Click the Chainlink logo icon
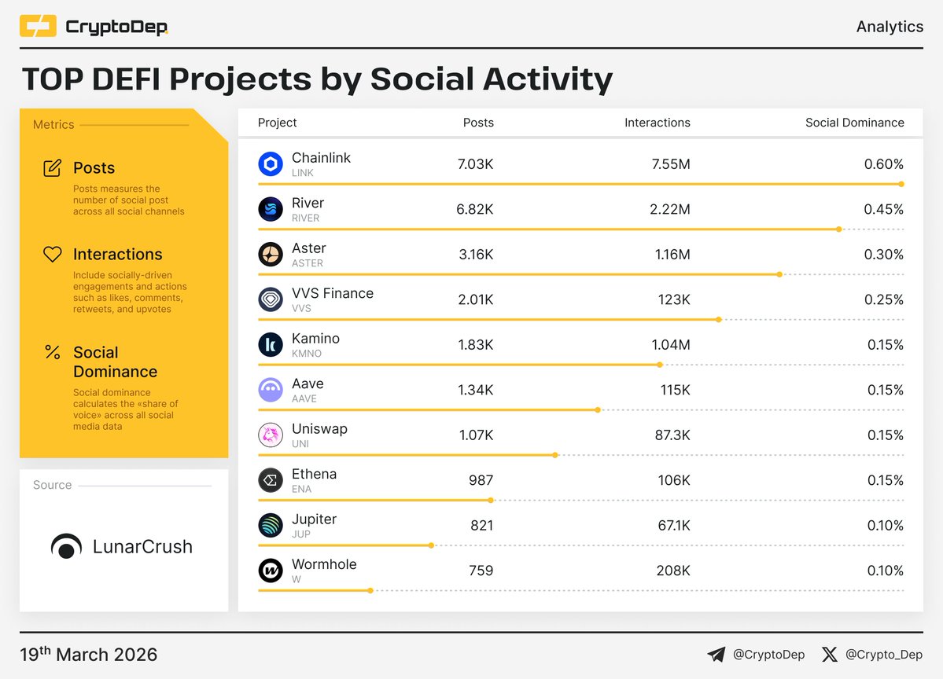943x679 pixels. click(x=271, y=164)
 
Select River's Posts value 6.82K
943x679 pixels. click(x=476, y=209)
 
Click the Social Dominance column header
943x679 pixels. click(x=854, y=123)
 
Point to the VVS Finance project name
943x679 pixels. click(x=332, y=293)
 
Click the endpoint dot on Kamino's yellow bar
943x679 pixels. click(x=660, y=365)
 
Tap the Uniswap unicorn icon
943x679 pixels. click(x=271, y=435)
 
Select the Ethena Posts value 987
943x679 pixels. click(x=480, y=480)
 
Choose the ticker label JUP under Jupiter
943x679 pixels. click(x=300, y=534)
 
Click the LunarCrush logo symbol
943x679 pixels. click(x=66, y=547)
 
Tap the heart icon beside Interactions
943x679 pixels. click(x=52, y=255)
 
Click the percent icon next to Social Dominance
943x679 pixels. click(x=52, y=352)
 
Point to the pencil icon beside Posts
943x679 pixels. click(x=52, y=168)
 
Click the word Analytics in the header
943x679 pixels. click(x=889, y=27)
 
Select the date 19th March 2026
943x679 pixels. click(x=88, y=655)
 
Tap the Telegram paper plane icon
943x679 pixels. click(x=716, y=655)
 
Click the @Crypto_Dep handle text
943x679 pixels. click(x=883, y=655)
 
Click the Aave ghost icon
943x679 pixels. click(x=271, y=390)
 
